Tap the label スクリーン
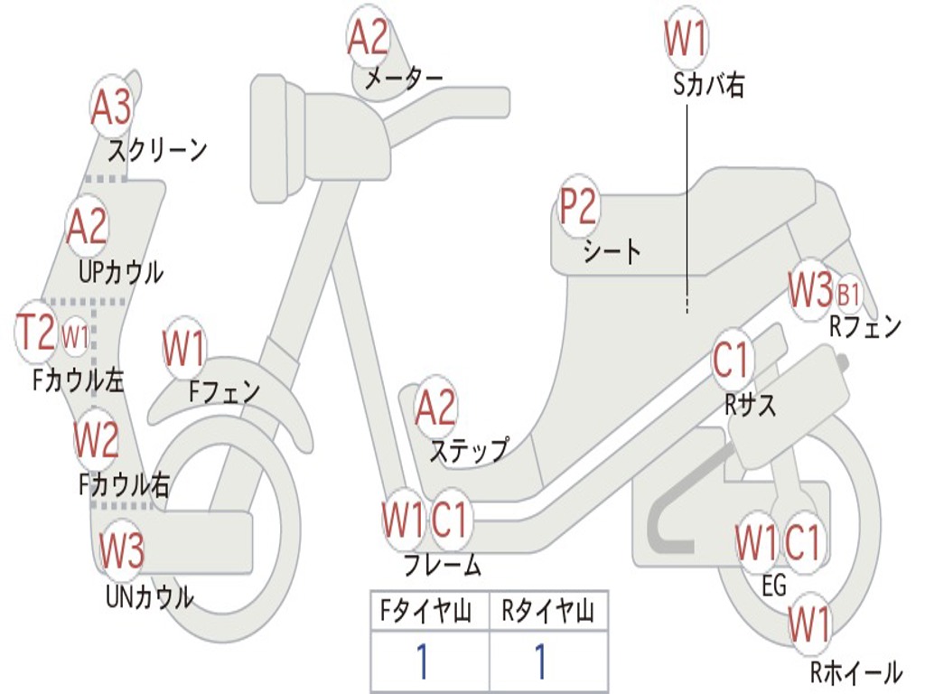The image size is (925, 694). [x=157, y=149]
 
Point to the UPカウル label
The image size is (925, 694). [x=121, y=271]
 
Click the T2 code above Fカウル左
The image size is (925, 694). [x=36, y=333]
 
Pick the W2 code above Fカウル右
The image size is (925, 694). [x=96, y=440]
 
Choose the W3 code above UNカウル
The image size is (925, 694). [x=121, y=550]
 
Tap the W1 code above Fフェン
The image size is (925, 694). [x=184, y=349]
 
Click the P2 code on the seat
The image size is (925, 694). [x=578, y=208]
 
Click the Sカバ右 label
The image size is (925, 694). [x=709, y=86]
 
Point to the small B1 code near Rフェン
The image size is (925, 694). [x=849, y=295]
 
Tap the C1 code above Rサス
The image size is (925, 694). [x=732, y=361]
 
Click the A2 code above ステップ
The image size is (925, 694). [x=435, y=408]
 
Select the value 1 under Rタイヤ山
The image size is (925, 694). [x=540, y=662]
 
